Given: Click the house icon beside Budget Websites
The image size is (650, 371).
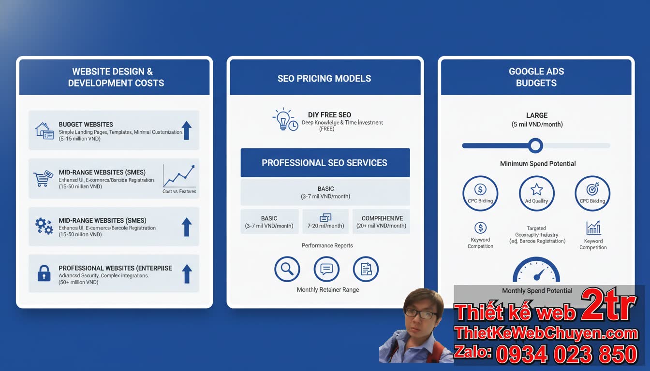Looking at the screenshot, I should [x=44, y=130].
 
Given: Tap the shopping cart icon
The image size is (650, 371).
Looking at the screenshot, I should [x=43, y=178].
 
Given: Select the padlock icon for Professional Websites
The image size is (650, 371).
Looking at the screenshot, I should [x=44, y=274].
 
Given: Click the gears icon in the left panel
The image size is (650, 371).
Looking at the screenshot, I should [x=44, y=226].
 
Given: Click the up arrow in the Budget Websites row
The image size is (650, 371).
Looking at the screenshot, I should [x=186, y=130].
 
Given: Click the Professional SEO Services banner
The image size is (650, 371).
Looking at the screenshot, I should [x=325, y=163].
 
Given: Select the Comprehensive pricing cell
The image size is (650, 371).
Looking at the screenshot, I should [x=382, y=222].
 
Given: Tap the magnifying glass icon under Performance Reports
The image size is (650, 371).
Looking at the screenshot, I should [x=287, y=269].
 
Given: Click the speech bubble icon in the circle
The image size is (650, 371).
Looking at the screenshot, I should [x=326, y=269].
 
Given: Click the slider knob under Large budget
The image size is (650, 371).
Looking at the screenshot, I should [x=535, y=145].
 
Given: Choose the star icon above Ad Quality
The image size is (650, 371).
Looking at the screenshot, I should [x=536, y=189].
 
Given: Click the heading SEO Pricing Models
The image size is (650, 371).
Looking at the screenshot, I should [x=325, y=78].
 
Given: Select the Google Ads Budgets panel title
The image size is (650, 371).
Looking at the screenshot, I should [x=536, y=77].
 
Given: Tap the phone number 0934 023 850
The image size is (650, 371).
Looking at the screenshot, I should [x=566, y=355].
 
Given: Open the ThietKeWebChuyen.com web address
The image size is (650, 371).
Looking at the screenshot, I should [x=546, y=333].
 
